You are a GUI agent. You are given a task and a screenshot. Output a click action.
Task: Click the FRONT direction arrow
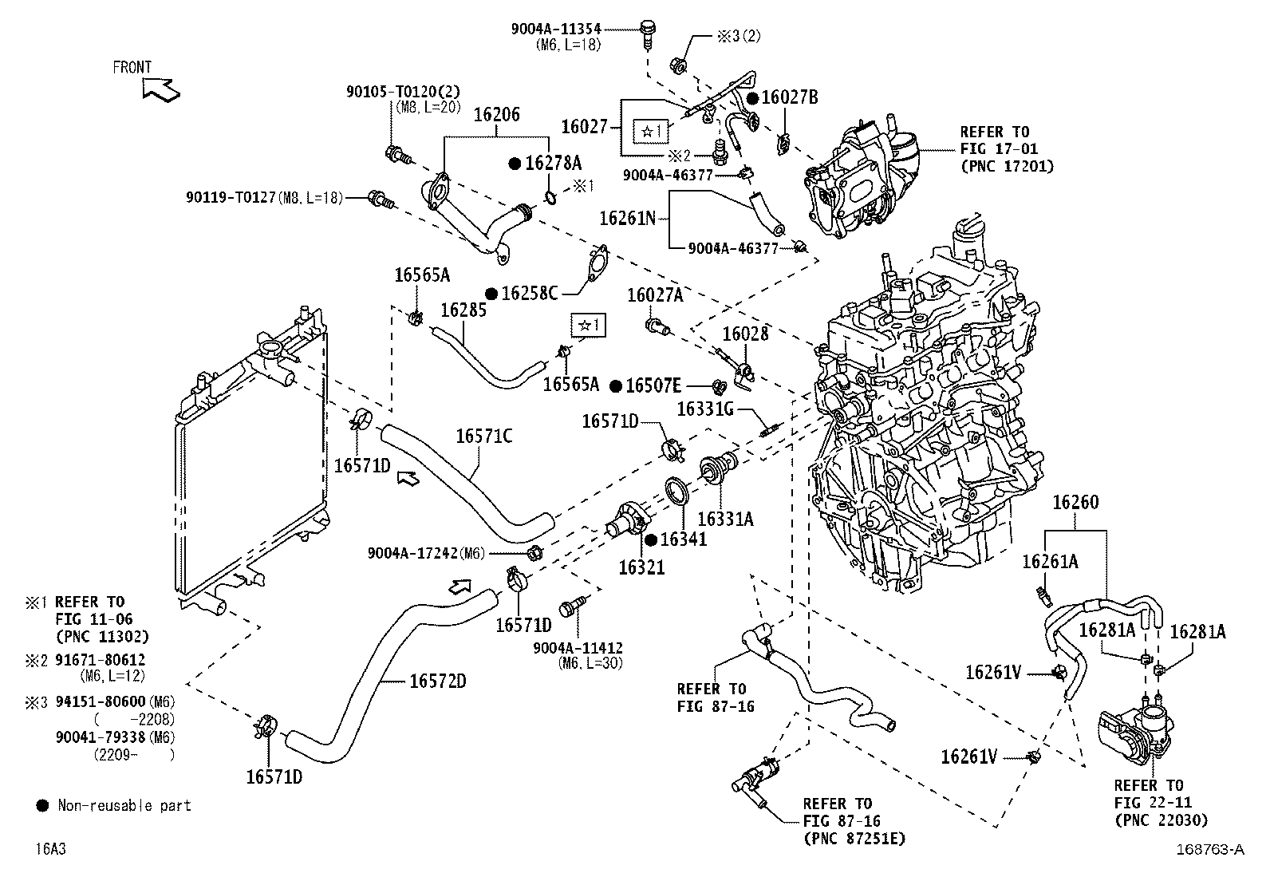[x=161, y=90]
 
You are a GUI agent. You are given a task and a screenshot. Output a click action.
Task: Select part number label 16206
[x=497, y=115]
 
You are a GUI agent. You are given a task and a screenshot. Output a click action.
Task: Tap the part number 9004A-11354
[x=555, y=29]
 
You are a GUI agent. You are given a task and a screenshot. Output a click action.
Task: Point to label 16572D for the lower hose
[x=438, y=681]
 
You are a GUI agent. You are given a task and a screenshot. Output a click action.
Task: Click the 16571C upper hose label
[x=484, y=437]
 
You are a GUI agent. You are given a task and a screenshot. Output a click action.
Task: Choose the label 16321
[x=641, y=567]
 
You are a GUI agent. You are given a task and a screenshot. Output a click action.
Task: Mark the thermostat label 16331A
[x=725, y=519]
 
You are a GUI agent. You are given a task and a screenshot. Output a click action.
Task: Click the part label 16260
[x=1075, y=502]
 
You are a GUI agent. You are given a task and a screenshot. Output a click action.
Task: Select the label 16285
[x=463, y=310]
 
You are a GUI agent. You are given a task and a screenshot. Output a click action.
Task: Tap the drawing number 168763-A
[x=1210, y=849]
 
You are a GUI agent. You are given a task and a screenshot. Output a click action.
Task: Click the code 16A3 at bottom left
[x=51, y=849]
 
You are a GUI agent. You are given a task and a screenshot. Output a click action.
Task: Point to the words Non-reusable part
[x=124, y=805]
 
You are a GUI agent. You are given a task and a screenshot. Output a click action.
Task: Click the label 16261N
[x=628, y=219]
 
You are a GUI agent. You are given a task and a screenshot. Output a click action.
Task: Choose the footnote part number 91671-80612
[x=101, y=660]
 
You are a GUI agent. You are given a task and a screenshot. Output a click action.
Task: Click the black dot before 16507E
[x=616, y=386]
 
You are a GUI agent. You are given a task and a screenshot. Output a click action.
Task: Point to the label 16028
[x=746, y=334]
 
